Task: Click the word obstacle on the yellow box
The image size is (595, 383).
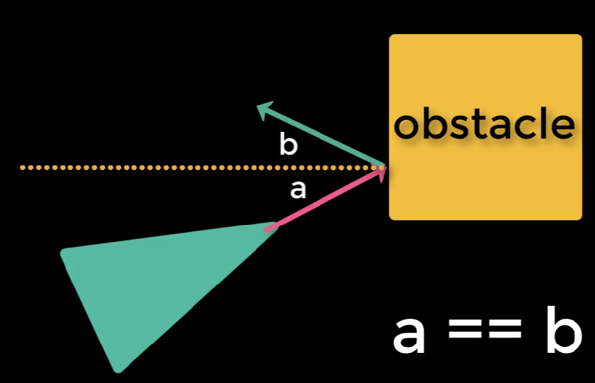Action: coord(484,125)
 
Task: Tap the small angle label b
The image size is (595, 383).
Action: coord(288,144)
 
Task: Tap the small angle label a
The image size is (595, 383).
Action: coord(297,190)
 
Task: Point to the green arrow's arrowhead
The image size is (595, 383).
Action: coord(265,109)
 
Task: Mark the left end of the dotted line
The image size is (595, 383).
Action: coord(23,167)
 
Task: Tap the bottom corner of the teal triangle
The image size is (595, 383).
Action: coord(119,368)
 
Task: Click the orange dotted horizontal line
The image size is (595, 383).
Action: coord(168,167)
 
